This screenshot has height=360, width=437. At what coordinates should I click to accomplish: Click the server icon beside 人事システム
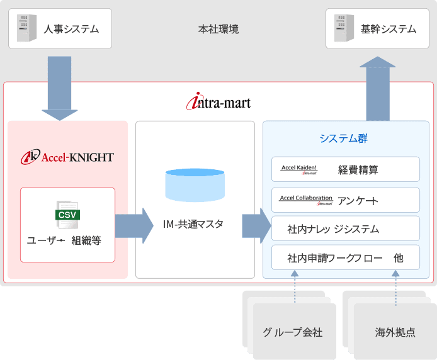coord(26,28)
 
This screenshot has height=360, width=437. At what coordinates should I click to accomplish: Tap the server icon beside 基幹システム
coord(344,28)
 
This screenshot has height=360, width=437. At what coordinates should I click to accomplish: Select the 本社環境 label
coord(219,29)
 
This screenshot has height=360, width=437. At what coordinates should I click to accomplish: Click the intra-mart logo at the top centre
coord(219,101)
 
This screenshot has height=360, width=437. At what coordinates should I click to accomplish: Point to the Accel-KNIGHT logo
coord(67,157)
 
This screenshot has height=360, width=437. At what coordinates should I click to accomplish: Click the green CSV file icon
coord(67,215)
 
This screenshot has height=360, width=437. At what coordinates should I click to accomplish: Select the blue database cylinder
coord(195,185)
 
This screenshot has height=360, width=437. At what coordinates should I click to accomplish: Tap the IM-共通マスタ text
coord(193,224)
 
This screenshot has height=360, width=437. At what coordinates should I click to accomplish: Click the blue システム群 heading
coord(343,138)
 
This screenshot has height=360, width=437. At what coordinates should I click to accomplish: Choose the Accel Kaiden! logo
coord(298,169)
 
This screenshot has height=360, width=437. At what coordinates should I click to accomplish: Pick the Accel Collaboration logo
coord(306,200)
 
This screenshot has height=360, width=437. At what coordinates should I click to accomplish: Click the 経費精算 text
coord(358,170)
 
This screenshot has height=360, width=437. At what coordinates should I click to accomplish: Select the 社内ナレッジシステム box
coord(345,228)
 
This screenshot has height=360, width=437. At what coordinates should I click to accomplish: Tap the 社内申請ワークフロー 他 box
coord(345,257)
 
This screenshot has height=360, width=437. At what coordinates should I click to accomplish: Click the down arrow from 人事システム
coord(59,88)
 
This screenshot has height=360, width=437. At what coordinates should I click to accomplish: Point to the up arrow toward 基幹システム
coord(378,89)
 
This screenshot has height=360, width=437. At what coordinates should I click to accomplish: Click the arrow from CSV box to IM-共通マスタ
coord(134,226)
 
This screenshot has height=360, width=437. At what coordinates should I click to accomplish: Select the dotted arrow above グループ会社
coord(295,286)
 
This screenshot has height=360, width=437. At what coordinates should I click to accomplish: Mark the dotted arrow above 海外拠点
coord(395,288)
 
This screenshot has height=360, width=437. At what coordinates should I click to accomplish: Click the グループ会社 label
coord(292,332)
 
